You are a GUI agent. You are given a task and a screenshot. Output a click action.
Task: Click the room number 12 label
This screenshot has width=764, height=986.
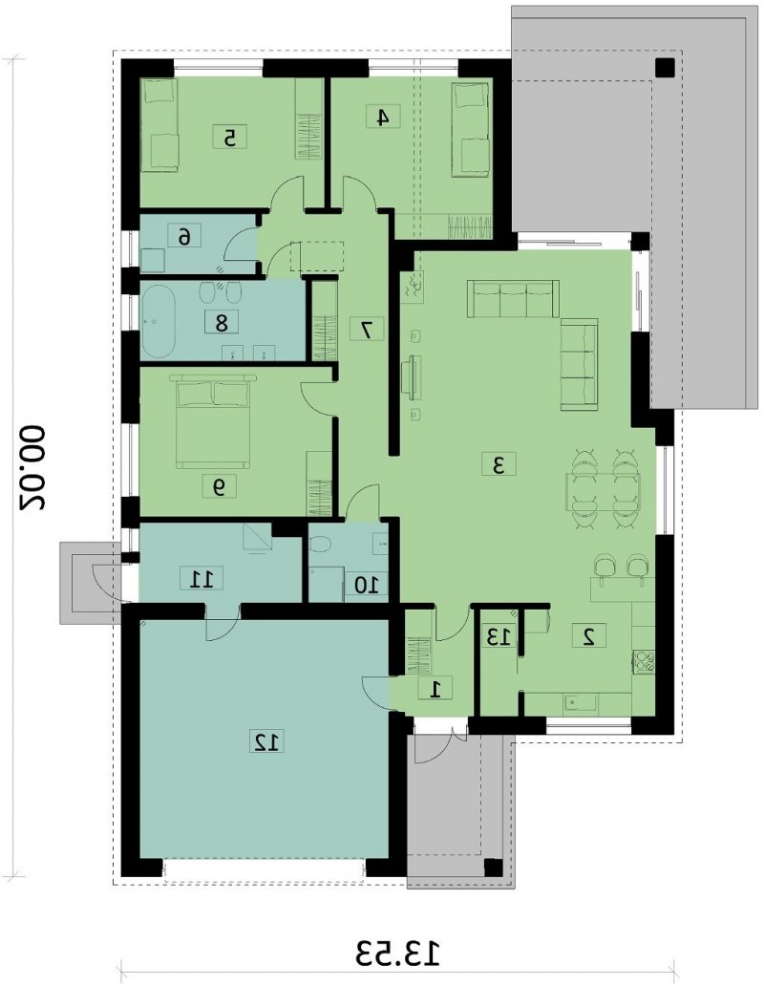(268, 741)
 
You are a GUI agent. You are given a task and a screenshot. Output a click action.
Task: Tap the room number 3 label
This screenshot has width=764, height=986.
(499, 465)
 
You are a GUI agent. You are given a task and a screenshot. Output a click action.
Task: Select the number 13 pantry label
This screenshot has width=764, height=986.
(499, 637)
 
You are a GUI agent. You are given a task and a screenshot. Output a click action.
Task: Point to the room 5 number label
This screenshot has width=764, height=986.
(230, 137)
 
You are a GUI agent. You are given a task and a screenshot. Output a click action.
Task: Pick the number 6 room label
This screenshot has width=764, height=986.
(184, 236)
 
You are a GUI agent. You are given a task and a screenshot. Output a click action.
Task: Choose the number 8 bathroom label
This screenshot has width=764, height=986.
(222, 323)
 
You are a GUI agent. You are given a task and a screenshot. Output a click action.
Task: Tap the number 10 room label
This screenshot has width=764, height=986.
(367, 585)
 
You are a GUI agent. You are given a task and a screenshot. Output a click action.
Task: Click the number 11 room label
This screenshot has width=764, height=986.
(202, 578)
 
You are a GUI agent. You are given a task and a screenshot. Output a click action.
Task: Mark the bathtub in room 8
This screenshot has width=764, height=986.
(159, 323)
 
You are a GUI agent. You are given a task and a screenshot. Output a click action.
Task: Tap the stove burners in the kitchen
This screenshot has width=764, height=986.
(644, 661)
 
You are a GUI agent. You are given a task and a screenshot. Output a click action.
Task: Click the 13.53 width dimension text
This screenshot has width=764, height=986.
(396, 954)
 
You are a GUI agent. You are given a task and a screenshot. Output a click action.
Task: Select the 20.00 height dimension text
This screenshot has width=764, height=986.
(32, 467)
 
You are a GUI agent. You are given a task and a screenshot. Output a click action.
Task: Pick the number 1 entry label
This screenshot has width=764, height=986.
(435, 690)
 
